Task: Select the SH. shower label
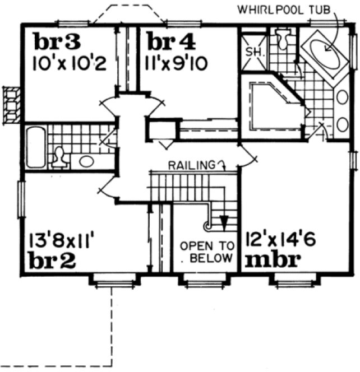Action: coord(250,52)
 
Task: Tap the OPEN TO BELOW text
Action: coord(206,252)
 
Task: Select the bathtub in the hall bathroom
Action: coord(35,147)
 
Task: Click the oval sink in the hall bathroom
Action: coord(86,162)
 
